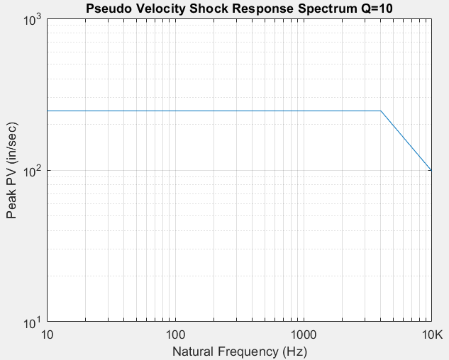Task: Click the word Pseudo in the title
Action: (x=106, y=9)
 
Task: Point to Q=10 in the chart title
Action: (x=350, y=9)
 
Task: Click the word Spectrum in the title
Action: (x=301, y=9)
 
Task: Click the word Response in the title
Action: (x=248, y=9)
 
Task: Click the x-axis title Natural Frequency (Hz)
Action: (x=240, y=350)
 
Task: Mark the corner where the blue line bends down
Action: (x=381, y=111)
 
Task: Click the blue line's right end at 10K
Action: (x=431, y=171)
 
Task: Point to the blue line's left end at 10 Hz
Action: (x=48, y=111)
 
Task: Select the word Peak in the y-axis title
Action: (x=13, y=206)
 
